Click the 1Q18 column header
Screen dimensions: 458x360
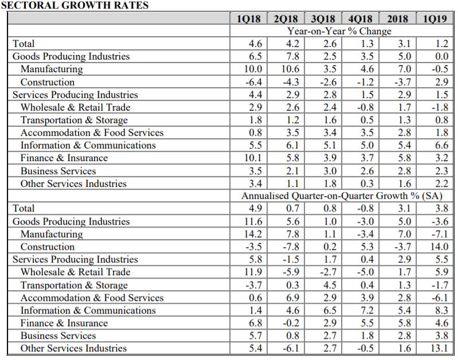click(248, 19)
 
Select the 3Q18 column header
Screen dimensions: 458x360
click(323, 19)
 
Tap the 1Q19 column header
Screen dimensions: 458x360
click(435, 19)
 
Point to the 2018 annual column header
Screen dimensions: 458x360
click(398, 19)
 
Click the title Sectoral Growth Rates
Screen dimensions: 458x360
click(75, 5)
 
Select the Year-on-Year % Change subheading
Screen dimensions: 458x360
click(339, 31)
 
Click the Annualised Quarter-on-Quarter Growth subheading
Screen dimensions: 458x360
click(342, 195)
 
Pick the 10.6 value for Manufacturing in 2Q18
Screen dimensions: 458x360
click(291, 69)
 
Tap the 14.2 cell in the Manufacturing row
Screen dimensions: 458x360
click(253, 234)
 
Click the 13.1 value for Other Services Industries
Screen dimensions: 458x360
click(439, 348)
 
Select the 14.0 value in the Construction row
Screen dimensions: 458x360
click(439, 246)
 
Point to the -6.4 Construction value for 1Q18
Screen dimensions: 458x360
click(253, 82)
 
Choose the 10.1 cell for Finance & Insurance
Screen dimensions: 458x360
click(253, 158)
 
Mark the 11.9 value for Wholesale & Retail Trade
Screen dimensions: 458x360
click(253, 272)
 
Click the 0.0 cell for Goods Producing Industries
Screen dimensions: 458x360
click(441, 56)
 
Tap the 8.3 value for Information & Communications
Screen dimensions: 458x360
click(441, 310)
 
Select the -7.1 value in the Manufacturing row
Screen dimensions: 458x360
click(440, 234)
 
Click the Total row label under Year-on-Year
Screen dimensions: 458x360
click(24, 44)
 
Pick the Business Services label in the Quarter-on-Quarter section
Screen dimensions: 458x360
click(58, 335)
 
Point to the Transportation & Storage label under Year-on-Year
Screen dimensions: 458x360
click(74, 120)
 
